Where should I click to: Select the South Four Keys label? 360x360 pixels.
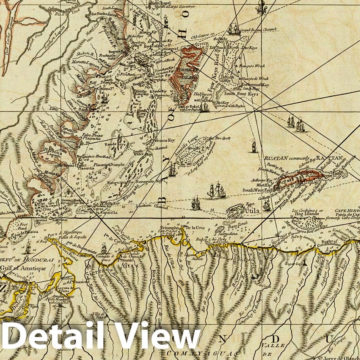point(241,93)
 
